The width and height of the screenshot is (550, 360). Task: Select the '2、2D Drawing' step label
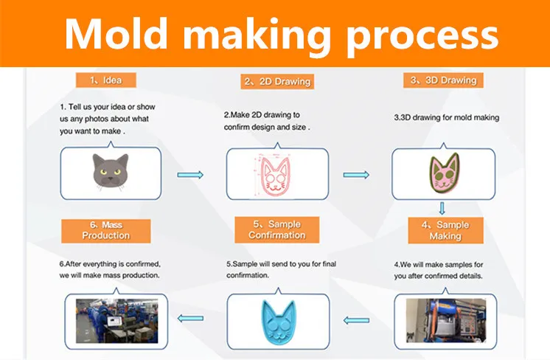pos(276,81)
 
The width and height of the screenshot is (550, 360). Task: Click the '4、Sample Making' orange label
pos(445,230)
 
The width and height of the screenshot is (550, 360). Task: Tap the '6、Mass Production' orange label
pos(106,229)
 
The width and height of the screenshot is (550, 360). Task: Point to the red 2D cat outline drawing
pos(275,174)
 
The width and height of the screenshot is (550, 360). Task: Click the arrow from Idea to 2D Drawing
pos(191,175)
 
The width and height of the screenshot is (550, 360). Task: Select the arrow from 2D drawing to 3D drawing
pos(356,175)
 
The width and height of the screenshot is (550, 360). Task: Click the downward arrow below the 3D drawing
pos(442,208)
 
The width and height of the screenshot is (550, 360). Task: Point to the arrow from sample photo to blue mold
pos(357,320)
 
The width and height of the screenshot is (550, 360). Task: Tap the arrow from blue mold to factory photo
pos(191,319)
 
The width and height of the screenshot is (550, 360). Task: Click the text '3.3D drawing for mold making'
pos(447,117)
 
